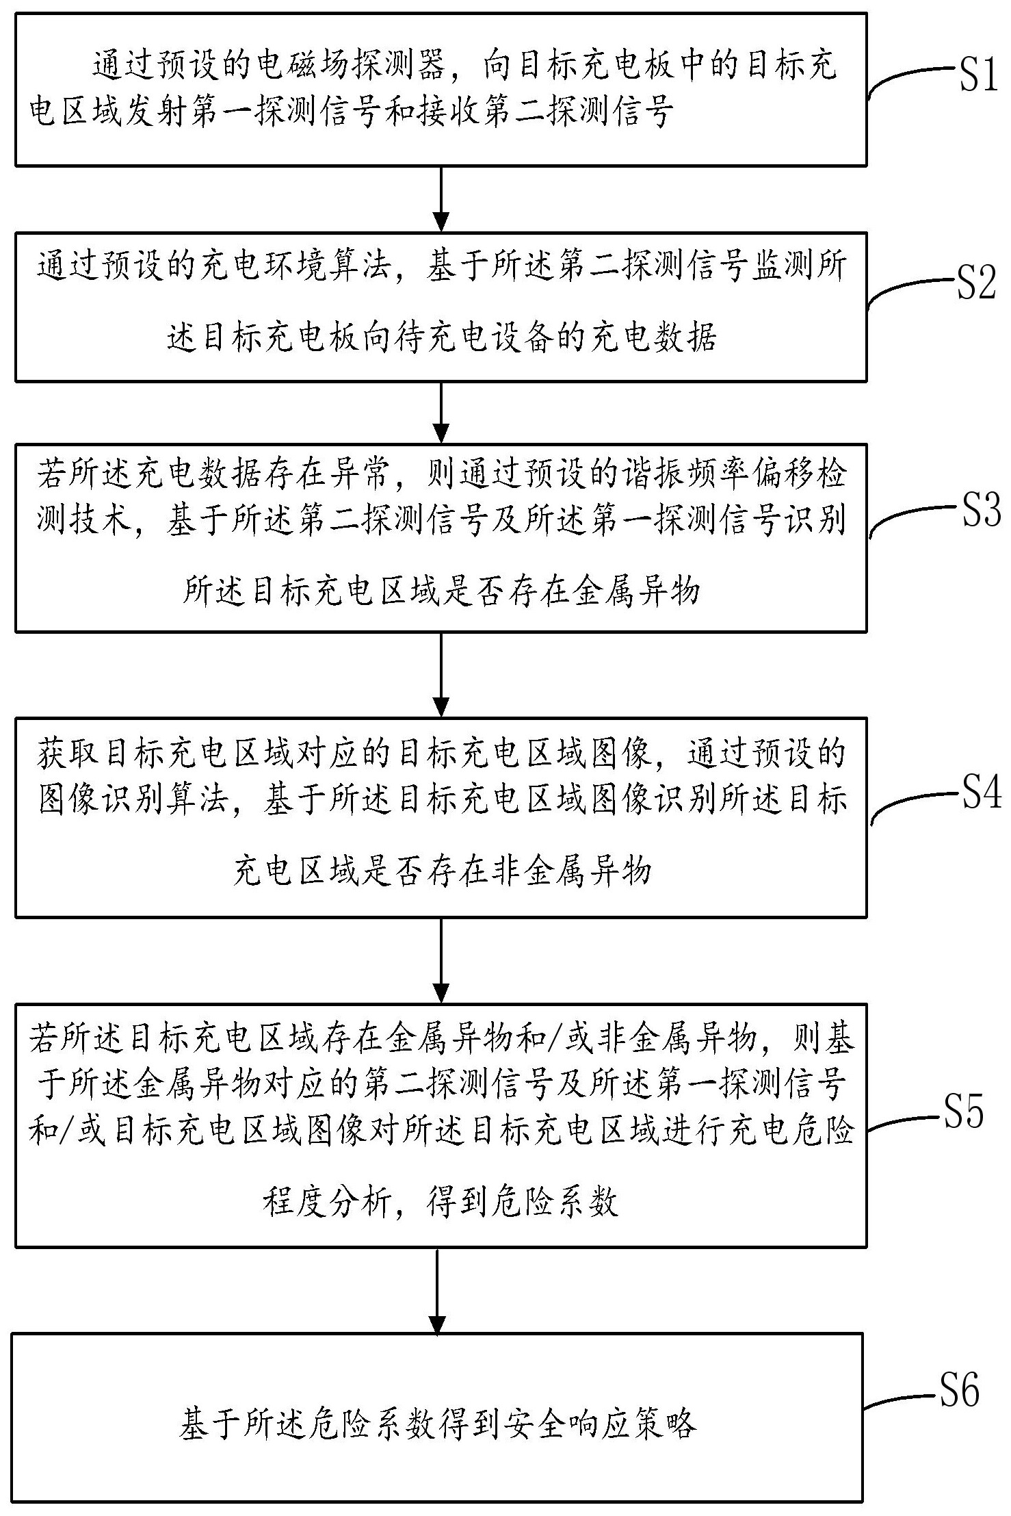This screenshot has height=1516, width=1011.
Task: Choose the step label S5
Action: [963, 1112]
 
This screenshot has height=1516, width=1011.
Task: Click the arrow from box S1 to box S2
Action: [441, 198]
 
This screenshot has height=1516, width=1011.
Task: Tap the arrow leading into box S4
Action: [441, 674]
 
